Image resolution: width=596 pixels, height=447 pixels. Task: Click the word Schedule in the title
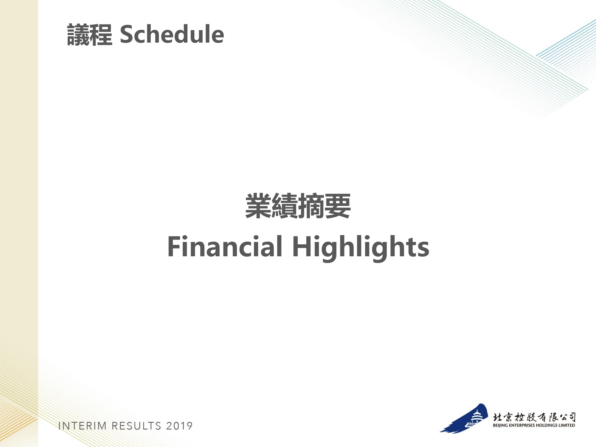[x=172, y=34]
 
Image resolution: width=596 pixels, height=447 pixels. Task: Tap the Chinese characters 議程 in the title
[x=90, y=35]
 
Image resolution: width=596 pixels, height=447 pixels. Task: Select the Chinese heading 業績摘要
[x=298, y=206]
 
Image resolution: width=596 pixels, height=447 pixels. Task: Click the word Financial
[x=225, y=246]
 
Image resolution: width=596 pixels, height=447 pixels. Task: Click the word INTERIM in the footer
[x=83, y=426]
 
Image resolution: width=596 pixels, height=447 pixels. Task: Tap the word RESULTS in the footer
[x=136, y=426]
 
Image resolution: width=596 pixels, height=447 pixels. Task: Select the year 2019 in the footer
[x=179, y=426]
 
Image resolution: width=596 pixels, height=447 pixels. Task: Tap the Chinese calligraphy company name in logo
[x=534, y=417]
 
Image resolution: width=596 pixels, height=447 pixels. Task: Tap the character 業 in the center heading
[x=258, y=206]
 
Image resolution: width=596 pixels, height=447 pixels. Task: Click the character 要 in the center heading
[x=338, y=206]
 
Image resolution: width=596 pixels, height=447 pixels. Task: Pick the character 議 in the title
[x=78, y=35]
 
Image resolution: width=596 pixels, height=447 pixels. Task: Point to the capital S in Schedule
[x=126, y=34]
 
